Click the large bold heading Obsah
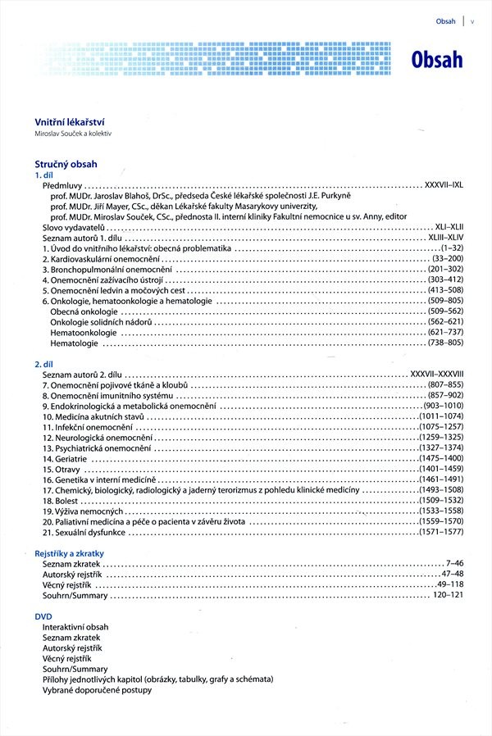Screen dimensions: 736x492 click(438, 59)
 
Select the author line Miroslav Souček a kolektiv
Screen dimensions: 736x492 click(72, 134)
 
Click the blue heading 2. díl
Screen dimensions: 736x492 click(43, 363)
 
